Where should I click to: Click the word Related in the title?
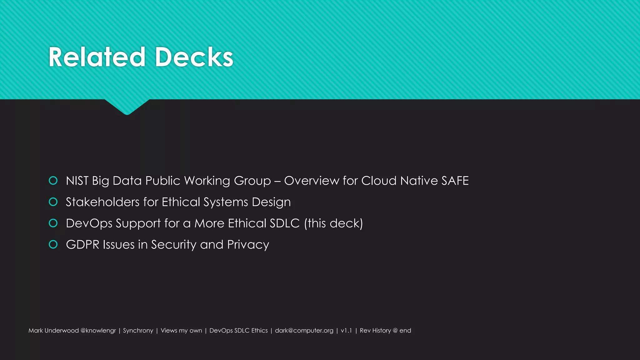click(x=97, y=57)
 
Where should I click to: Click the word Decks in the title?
click(x=194, y=57)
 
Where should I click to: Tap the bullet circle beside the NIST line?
click(x=53, y=181)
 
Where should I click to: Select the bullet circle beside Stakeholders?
click(x=53, y=202)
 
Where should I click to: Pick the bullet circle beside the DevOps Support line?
click(x=53, y=223)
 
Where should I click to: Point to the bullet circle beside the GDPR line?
click(x=53, y=244)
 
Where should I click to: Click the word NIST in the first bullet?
click(x=77, y=181)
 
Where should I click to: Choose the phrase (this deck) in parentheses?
click(x=333, y=223)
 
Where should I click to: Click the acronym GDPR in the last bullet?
click(x=82, y=245)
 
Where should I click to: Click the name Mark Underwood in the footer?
click(x=53, y=331)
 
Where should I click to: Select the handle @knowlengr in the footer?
click(x=98, y=331)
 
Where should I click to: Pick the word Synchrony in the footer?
click(x=138, y=331)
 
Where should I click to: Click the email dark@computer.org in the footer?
click(x=304, y=331)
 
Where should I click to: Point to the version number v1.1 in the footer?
click(x=346, y=331)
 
